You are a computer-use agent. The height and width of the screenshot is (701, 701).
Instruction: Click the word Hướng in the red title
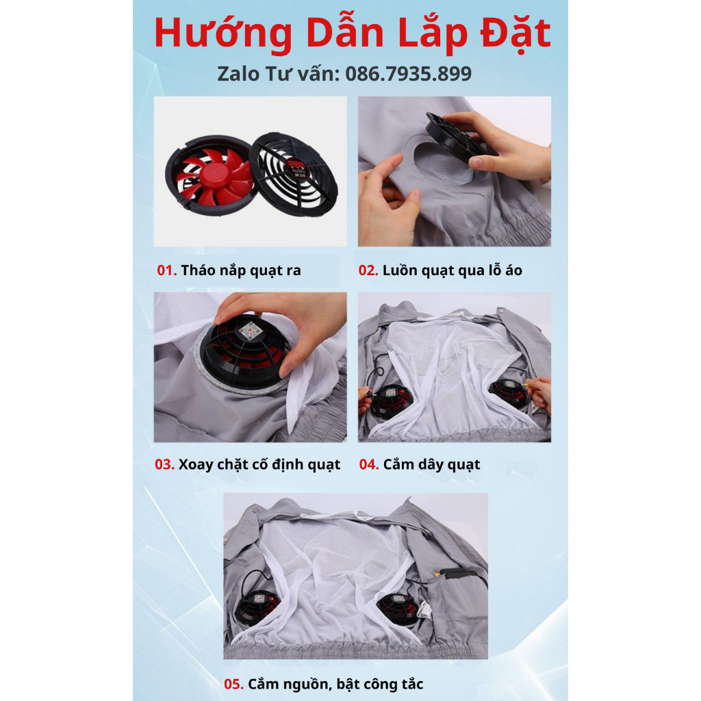tap(223, 34)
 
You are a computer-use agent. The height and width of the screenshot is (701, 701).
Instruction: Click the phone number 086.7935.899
tap(408, 74)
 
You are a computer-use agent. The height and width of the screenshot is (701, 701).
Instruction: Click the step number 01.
tap(167, 270)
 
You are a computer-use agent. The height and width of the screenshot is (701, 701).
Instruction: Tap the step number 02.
tap(368, 270)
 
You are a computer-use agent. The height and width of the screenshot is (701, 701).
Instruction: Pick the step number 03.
tap(164, 465)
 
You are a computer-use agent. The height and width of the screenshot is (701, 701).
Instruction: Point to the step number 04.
tap(369, 465)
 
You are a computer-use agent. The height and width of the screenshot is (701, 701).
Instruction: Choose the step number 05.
tap(234, 684)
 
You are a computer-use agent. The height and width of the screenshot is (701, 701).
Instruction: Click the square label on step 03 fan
tap(251, 331)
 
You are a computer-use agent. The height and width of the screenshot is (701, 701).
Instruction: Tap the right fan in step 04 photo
tap(509, 391)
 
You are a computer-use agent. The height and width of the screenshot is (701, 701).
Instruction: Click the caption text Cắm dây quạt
tap(431, 465)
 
